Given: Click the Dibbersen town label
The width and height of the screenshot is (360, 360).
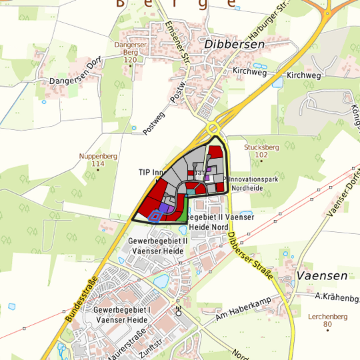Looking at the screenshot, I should [x=235, y=44].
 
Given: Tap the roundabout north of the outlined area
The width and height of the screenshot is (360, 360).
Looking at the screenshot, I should [x=214, y=129].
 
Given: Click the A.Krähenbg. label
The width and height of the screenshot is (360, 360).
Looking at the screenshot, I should [x=337, y=297].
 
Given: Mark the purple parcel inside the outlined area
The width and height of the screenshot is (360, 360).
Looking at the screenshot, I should [x=165, y=209].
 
